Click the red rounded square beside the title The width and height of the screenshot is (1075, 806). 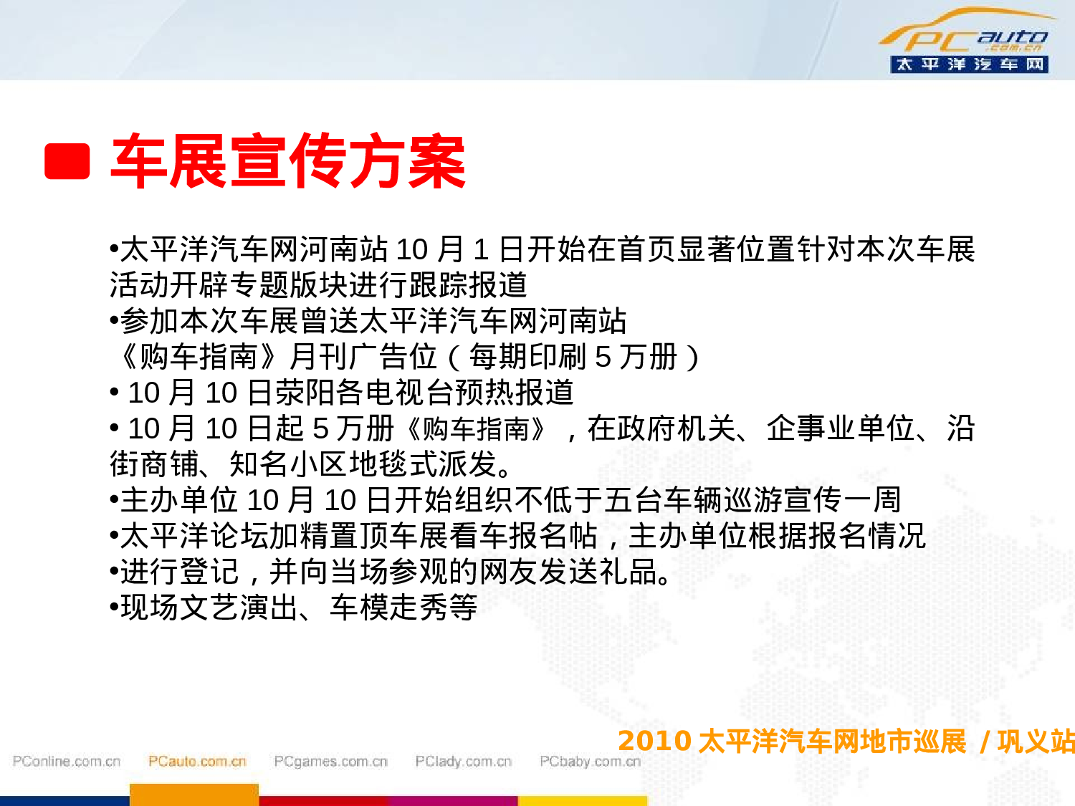tap(67, 161)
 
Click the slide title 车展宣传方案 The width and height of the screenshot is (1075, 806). tap(288, 161)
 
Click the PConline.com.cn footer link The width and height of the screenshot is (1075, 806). tap(67, 762)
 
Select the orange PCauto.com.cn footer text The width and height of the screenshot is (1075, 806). tap(197, 762)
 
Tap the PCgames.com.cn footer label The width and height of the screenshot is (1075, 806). tap(330, 762)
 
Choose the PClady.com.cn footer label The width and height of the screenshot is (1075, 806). tap(463, 762)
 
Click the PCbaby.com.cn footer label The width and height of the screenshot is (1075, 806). tap(590, 762)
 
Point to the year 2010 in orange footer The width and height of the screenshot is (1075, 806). tap(654, 742)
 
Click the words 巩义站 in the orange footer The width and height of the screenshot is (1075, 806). tap(1036, 742)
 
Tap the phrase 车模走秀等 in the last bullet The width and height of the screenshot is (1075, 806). tap(403, 608)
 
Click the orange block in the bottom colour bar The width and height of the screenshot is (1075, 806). tap(193, 795)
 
